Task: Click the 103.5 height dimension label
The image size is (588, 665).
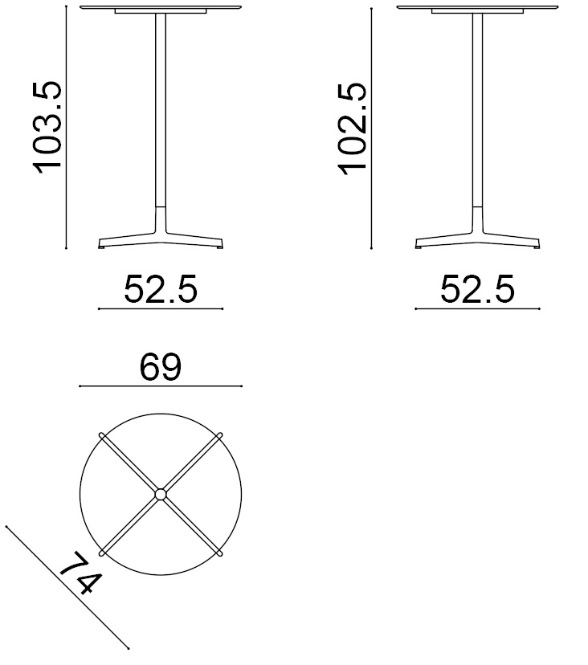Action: pos(47,127)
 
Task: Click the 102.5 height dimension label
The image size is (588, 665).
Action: pos(352,129)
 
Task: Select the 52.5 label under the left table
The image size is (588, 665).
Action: pos(161,289)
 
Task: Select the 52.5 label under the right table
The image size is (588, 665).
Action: pos(477,289)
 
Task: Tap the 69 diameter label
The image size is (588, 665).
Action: pos(161,367)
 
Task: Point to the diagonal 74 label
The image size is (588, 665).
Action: pos(81,573)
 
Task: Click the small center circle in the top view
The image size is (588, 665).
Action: pos(161,495)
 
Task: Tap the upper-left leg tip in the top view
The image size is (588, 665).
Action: pos(102,435)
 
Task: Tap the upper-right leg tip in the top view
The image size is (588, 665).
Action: pos(219,435)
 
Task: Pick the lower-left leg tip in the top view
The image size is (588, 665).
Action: pos(102,553)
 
